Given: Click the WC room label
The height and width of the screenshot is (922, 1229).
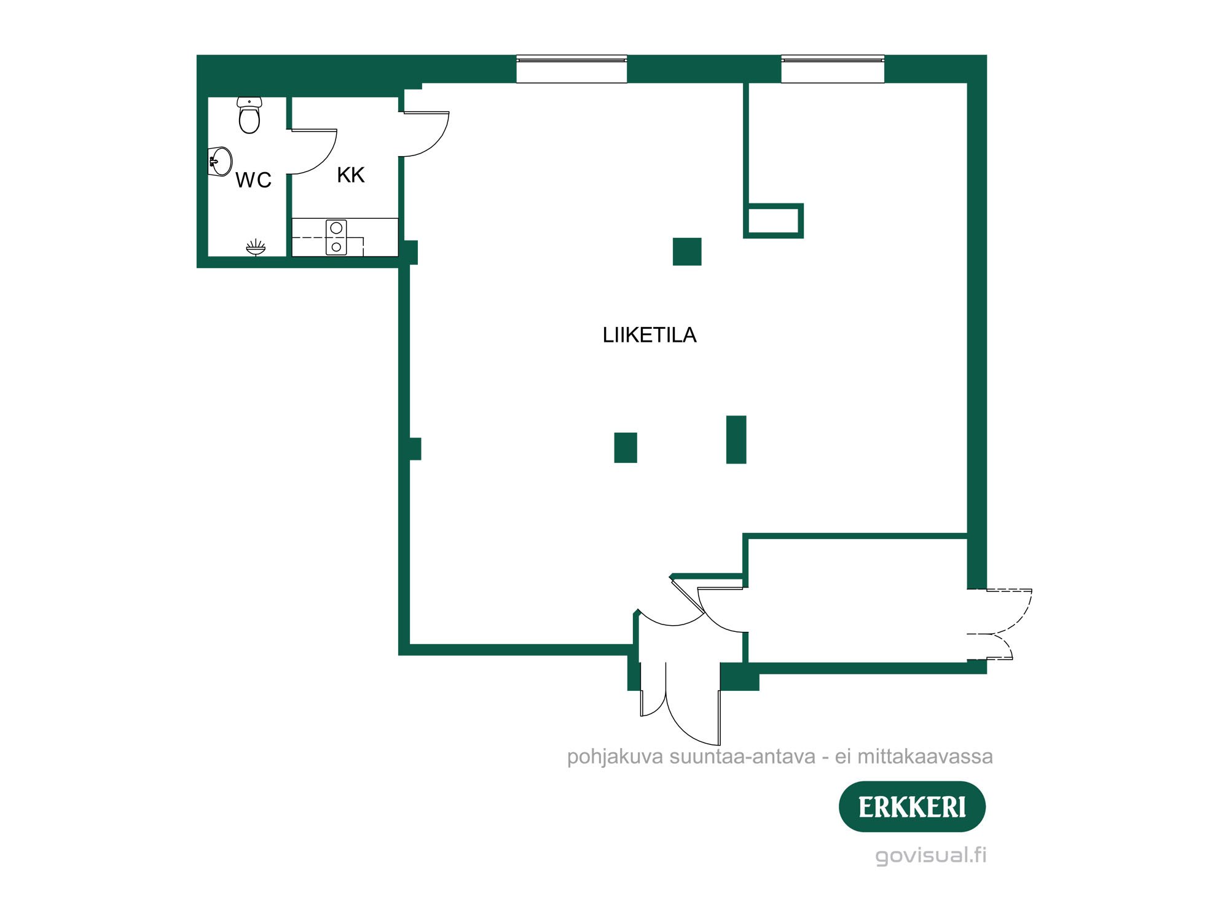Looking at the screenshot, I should click(x=253, y=180).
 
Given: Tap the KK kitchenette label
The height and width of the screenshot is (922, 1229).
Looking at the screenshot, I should click(x=351, y=175).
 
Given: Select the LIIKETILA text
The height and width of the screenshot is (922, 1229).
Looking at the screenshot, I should click(x=649, y=335).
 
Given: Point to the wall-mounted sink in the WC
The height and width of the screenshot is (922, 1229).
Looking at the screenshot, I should click(x=221, y=162).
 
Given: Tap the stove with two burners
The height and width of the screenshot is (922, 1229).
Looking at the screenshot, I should click(x=336, y=237).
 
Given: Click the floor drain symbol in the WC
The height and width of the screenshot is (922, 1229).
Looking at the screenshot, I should click(x=256, y=247).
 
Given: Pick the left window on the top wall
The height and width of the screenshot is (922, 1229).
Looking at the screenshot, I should click(x=571, y=69).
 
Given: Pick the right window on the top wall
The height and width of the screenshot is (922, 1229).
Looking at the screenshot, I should click(x=833, y=69).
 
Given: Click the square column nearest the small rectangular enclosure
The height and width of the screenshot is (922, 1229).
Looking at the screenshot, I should click(x=687, y=251).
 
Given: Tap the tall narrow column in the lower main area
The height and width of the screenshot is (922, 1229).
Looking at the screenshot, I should click(x=736, y=439).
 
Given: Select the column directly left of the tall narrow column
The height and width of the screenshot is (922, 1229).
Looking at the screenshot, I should click(x=626, y=447).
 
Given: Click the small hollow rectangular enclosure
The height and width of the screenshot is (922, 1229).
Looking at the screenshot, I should click(x=774, y=221).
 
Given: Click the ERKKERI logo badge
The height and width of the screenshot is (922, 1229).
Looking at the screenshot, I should click(x=912, y=807).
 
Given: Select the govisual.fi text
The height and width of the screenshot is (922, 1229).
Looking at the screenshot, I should click(x=930, y=855).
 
